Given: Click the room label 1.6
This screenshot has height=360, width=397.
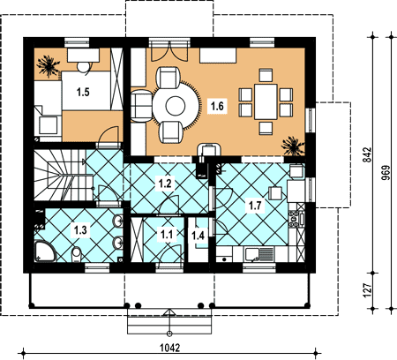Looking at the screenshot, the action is (217, 106).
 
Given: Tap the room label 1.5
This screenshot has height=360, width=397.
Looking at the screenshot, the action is (83, 92).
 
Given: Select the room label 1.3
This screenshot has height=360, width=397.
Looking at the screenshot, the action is (80, 229).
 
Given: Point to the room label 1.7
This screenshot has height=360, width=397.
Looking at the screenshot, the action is (255, 206).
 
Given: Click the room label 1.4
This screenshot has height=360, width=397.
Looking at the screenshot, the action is (198, 236).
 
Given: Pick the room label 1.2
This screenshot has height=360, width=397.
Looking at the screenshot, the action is (165, 183).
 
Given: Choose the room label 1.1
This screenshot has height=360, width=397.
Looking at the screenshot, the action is (167, 235).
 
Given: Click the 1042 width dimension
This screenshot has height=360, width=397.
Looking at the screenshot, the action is (169, 348).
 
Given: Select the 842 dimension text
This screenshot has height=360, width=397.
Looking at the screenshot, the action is (368, 154).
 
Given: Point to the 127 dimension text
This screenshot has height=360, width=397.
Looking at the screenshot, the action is (368, 290).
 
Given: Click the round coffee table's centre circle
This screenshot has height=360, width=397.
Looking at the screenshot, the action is (176, 106).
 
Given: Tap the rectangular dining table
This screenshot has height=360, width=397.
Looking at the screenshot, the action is (266, 101).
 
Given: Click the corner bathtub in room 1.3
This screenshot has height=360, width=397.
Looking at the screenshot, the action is (44, 251).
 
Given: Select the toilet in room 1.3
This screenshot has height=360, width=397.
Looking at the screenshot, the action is (77, 254).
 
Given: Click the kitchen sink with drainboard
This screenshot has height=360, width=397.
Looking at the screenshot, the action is (259, 254).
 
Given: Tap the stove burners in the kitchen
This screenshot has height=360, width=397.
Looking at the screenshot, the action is (294, 219).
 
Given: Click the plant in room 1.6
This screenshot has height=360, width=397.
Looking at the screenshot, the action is (292, 146).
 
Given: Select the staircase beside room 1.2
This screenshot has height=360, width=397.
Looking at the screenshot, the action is (64, 175).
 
